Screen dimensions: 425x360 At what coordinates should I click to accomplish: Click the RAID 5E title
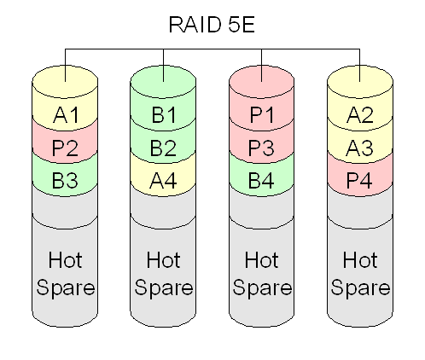212,25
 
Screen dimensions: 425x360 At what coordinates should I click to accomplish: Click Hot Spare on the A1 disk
65,274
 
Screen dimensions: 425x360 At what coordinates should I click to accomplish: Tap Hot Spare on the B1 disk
163,274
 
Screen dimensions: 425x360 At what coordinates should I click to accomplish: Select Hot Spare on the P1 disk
262,274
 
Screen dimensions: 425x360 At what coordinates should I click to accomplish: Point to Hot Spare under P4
360,274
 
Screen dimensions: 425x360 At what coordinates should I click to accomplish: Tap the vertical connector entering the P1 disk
262,65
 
